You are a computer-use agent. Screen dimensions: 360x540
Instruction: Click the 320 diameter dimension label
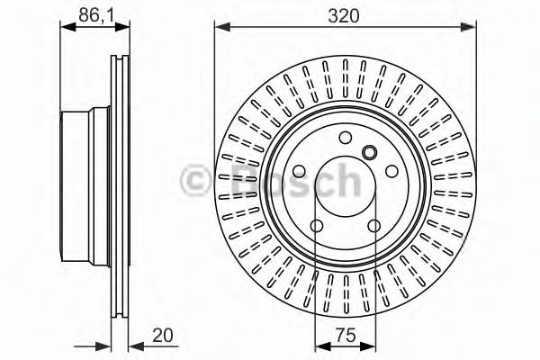(346, 14)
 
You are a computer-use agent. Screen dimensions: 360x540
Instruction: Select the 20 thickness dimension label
(162, 336)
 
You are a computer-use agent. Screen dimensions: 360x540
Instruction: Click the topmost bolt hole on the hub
(346, 137)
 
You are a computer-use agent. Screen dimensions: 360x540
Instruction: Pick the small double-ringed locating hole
(367, 151)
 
